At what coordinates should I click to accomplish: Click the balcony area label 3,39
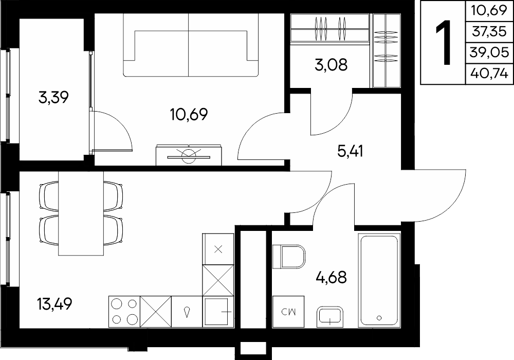point(53,97)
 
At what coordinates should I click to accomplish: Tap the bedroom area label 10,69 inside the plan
point(189,114)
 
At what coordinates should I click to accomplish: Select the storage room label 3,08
point(331,65)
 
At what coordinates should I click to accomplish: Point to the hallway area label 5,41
point(350,152)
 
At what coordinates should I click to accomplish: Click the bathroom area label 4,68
point(331,277)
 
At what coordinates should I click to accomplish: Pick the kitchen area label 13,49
point(54,303)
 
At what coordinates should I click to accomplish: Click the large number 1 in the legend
point(444,42)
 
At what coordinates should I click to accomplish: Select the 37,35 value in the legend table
point(489,31)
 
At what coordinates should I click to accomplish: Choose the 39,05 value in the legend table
point(489,52)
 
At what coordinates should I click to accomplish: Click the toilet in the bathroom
point(289,257)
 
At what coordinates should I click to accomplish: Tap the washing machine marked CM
point(288,312)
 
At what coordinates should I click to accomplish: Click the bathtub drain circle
point(379,317)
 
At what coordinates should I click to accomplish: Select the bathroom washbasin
point(330,317)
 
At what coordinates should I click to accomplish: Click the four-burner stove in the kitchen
point(124,312)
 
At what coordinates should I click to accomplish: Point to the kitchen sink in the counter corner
point(218,312)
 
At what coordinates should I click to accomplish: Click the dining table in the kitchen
point(81,213)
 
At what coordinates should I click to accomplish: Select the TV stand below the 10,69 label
point(189,155)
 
